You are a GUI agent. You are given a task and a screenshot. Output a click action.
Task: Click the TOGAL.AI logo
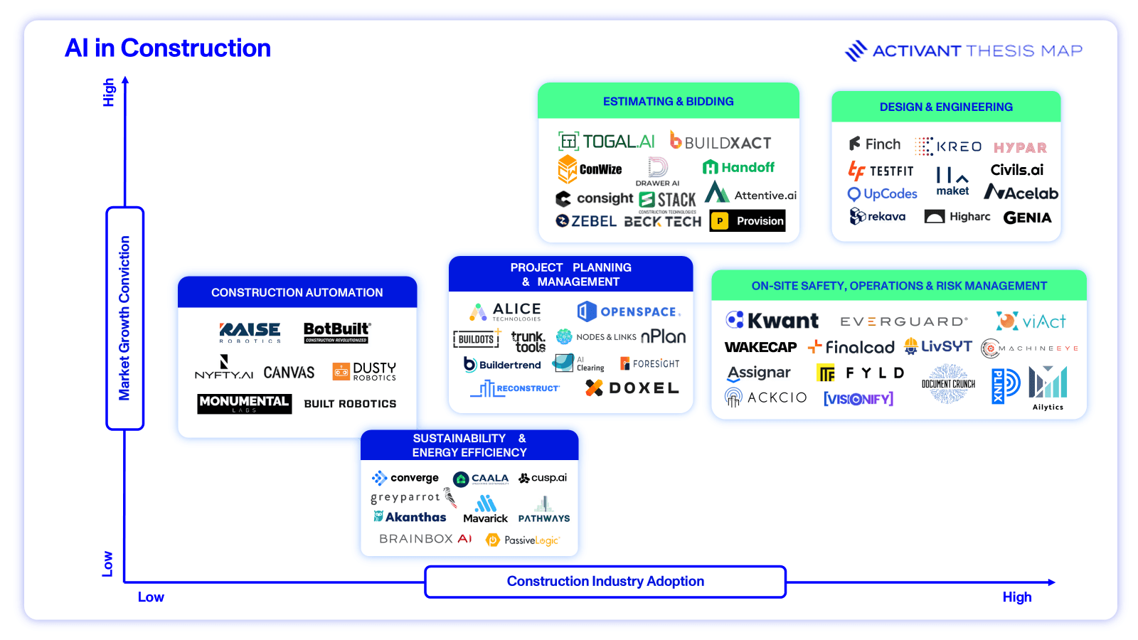point(607,142)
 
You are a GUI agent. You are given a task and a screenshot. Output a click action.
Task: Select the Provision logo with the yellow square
point(748,220)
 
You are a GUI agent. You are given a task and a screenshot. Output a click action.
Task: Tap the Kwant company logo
point(772,321)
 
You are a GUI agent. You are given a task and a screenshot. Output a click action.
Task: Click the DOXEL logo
point(632,388)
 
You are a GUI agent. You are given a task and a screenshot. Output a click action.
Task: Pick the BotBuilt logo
point(336,331)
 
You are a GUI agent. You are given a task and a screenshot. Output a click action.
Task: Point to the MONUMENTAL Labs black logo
point(244,403)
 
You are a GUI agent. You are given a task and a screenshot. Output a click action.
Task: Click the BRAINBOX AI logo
point(425,539)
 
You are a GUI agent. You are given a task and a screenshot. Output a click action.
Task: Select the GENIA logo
point(1027,218)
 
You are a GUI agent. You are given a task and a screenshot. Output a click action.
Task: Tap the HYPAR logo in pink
point(1020,148)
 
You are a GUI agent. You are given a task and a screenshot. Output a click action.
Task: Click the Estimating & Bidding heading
point(668,102)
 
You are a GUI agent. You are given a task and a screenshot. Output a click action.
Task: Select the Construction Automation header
point(297,292)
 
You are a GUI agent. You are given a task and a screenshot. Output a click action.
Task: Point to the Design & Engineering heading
point(946,107)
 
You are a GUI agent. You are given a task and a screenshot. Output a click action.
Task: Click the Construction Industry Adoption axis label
point(605,582)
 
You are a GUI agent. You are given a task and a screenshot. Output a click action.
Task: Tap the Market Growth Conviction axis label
point(124,318)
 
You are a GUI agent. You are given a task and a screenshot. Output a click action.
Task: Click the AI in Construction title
point(168,48)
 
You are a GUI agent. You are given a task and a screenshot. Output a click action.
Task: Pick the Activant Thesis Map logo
point(964,50)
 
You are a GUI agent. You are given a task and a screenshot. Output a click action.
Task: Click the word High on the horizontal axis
point(1016,597)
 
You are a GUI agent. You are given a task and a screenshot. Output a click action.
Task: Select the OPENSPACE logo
point(629,311)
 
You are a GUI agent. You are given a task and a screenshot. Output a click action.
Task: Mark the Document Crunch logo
point(948,384)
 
